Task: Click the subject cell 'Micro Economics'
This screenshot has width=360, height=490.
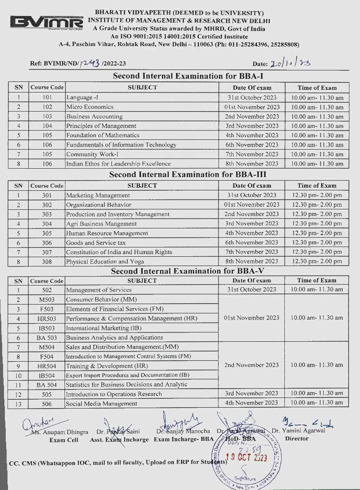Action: [x=90, y=107]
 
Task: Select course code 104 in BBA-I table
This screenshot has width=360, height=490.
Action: [x=47, y=126]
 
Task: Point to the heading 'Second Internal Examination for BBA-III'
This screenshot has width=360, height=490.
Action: [x=188, y=174]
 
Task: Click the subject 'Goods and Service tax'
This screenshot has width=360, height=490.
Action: [x=96, y=243]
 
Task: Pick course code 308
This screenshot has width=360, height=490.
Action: [x=47, y=262]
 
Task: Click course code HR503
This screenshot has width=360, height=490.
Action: [x=47, y=318]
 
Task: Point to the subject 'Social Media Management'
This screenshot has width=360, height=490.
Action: [x=101, y=404]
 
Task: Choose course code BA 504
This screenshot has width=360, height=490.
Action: [x=47, y=385]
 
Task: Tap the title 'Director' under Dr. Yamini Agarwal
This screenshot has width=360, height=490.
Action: [x=297, y=439]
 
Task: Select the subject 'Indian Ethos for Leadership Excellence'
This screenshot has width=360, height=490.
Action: [x=119, y=164]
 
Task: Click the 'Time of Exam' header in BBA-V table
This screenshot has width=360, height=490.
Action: [x=316, y=280]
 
